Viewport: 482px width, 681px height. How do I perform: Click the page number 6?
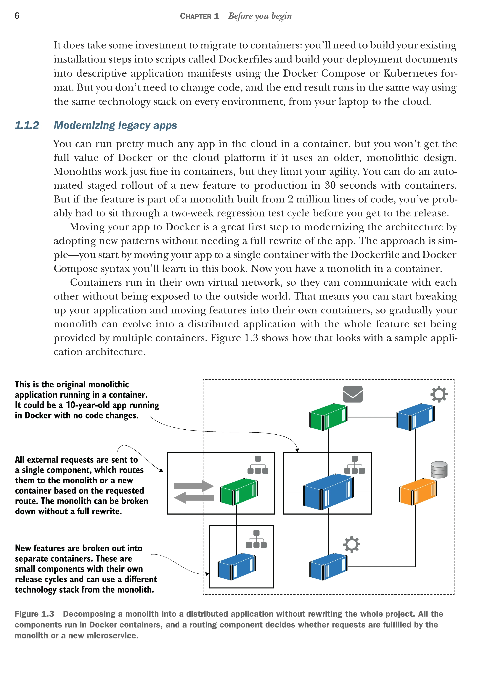coord(17,16)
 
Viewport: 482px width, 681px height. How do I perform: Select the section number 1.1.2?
coord(27,125)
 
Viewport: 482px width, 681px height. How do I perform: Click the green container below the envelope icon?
coord(328,416)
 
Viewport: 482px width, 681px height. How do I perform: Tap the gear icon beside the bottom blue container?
coord(352,544)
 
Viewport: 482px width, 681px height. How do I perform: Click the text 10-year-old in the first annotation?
coord(88,405)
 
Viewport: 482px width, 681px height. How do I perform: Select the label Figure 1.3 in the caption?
coord(34,614)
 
